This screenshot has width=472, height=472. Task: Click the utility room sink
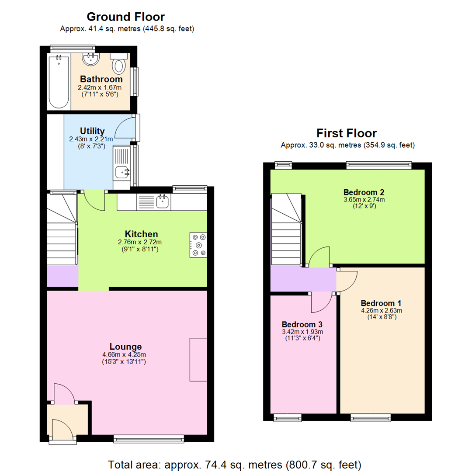[x=121, y=172]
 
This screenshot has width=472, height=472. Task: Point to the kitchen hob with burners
[x=198, y=245]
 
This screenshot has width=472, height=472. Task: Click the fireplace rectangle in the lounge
[x=198, y=359]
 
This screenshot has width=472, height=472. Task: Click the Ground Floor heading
[x=126, y=17]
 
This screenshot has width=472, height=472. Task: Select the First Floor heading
[x=347, y=133]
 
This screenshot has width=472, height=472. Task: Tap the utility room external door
[x=125, y=127]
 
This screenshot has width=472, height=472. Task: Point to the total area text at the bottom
[x=235, y=464]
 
